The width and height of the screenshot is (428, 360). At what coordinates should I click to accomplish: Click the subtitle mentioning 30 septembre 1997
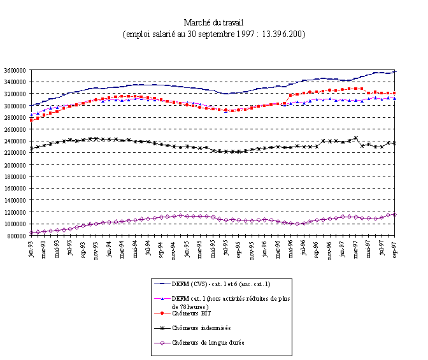(213, 33)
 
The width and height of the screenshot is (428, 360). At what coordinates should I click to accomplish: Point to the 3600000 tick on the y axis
(15, 70)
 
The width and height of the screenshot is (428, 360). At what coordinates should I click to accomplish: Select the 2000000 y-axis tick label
(15, 164)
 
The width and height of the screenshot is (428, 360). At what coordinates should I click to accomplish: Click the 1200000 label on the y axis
(15, 212)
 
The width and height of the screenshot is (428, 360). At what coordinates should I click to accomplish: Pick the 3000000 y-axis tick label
(15, 106)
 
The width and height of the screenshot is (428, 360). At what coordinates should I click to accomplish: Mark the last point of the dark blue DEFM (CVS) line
(396, 71)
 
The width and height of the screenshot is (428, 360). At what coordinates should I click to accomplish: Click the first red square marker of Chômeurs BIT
(31, 120)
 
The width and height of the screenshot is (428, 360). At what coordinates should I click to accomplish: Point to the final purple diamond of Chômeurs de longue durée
(396, 214)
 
